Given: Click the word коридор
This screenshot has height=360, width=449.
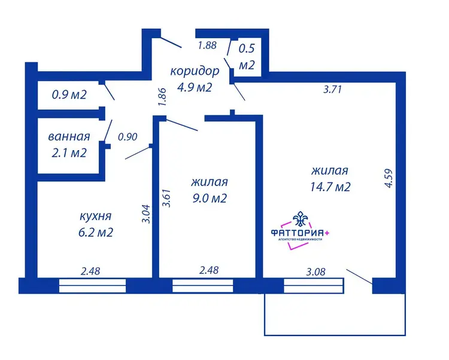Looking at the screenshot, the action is [195, 71].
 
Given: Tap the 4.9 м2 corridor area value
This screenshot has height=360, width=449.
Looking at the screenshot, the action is [195, 87].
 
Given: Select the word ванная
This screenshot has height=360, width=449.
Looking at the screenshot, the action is [69, 137].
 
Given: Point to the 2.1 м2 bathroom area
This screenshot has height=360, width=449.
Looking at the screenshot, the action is [69, 152].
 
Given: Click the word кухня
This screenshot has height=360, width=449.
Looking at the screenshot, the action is [95, 216].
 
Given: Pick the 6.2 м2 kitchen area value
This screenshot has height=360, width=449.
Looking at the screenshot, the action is [96, 232].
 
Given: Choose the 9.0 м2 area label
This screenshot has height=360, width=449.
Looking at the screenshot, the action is [210, 198].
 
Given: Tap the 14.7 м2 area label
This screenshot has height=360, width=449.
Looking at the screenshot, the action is [330, 187].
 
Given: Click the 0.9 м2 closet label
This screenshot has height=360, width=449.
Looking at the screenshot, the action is [69, 94].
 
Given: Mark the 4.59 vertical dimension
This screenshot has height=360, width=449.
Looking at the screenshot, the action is [389, 178].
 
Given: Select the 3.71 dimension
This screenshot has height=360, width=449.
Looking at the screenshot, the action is [333, 90].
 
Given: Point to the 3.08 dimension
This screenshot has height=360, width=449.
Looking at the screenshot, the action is [316, 271].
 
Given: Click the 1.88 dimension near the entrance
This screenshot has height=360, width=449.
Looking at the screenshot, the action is [208, 45].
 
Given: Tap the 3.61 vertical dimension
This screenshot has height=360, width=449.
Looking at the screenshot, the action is [166, 198].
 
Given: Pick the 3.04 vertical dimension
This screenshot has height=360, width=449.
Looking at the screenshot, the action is [146, 214].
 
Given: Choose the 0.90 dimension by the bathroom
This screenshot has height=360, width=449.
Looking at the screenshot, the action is [128, 137].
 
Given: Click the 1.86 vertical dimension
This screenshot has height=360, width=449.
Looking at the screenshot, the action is [162, 97].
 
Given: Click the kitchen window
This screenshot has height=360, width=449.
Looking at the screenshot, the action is [92, 286].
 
